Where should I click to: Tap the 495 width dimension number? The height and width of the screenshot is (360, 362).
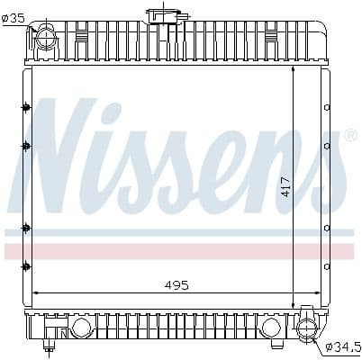176,284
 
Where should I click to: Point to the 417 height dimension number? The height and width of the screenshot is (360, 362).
285,186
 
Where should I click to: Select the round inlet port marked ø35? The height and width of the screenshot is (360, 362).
43,38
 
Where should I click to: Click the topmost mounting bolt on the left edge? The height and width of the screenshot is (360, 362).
26,108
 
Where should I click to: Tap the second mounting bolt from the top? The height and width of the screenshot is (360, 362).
26,145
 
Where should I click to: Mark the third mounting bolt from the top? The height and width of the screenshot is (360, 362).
26,227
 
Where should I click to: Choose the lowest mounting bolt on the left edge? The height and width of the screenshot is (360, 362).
26,265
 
